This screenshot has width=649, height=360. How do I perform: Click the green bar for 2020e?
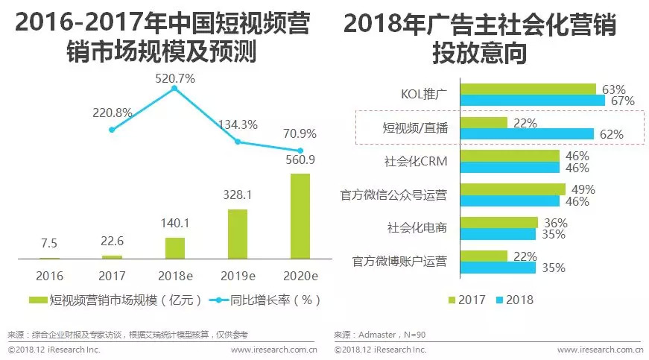[300, 216]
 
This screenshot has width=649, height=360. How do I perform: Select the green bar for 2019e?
[237, 234]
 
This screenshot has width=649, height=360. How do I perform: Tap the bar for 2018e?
[174, 248]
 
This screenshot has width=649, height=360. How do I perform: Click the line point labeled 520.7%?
[174, 88]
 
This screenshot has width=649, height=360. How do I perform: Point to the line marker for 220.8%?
[112, 130]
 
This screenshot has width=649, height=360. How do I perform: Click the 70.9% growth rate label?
[300, 134]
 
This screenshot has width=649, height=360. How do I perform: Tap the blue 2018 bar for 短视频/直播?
[527, 134]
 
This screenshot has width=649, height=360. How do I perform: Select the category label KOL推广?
[422, 95]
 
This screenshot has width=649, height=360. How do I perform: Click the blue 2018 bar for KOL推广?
[532, 101]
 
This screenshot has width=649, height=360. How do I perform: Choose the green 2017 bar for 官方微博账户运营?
[484, 256]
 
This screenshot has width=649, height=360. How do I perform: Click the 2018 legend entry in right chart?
[512, 300]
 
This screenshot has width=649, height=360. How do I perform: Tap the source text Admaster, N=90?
[379, 335]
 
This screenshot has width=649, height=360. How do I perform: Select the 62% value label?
[611, 134]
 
